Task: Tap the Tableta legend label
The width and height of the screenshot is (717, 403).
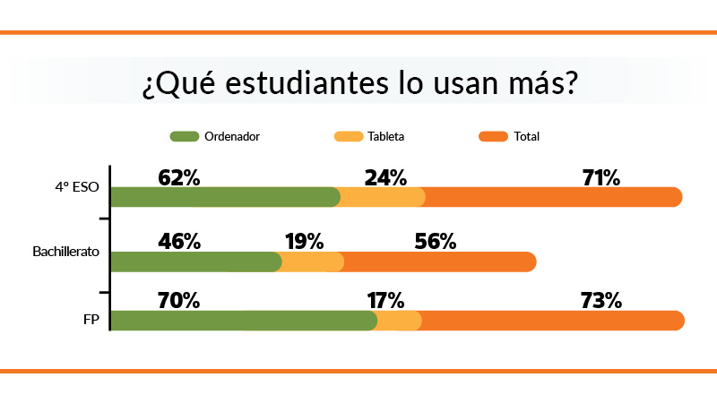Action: [x=385, y=137]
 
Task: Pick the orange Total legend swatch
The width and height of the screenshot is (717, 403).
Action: [x=494, y=137]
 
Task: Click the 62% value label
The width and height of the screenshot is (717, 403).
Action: [x=178, y=177]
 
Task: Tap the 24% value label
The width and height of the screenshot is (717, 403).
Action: [x=385, y=177]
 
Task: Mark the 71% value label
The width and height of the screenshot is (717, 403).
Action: [x=600, y=177]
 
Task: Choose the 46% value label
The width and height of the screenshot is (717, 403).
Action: [x=178, y=241]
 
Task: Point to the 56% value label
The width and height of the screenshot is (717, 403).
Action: [x=435, y=241]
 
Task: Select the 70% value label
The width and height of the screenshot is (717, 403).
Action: [x=178, y=300]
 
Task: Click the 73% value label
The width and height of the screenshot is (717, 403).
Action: [x=600, y=300]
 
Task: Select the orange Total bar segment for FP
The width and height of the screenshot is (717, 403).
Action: [x=551, y=321]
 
